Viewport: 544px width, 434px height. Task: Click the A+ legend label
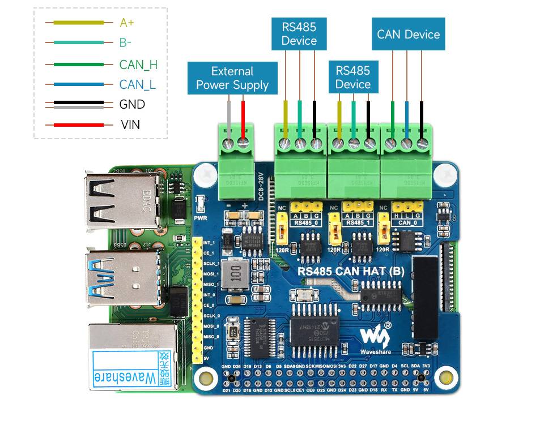point(127,23)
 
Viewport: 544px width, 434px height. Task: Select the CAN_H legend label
point(138,65)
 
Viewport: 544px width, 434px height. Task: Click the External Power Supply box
point(232,78)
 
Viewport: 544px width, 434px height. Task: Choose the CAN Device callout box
point(408,35)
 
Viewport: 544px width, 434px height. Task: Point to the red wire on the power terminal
point(244,119)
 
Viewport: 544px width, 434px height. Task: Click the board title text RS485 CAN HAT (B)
point(351,271)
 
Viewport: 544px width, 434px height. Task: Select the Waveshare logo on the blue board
point(375,339)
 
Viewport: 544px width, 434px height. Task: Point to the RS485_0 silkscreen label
point(306,223)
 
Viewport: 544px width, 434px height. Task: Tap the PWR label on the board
point(199,217)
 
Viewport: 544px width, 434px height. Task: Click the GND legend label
point(132,105)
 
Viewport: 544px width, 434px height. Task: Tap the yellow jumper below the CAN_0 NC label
point(383,231)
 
